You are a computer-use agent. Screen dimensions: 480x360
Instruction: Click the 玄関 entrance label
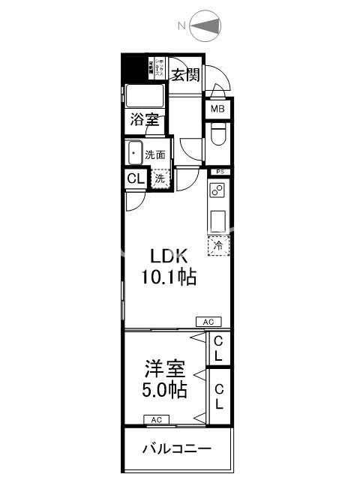point(185,74)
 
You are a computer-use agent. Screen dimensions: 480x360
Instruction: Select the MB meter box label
point(217,109)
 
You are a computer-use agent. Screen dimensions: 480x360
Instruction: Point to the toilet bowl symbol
point(218,136)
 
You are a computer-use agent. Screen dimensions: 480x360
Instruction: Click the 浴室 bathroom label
point(145,118)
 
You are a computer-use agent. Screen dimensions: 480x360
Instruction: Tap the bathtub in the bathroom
point(145,96)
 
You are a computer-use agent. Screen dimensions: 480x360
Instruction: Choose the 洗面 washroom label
point(155,154)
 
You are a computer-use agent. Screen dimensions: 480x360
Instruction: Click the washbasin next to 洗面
point(135,154)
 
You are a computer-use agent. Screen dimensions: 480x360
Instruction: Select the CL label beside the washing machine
point(135,179)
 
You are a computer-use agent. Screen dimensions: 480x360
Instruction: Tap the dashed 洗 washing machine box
point(160,179)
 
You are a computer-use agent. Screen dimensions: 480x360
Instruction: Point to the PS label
point(219,172)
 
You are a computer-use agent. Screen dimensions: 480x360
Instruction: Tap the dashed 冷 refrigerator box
point(219,245)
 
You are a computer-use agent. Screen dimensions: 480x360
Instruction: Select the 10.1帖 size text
point(169,277)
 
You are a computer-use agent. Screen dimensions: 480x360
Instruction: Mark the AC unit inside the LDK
point(208,321)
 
